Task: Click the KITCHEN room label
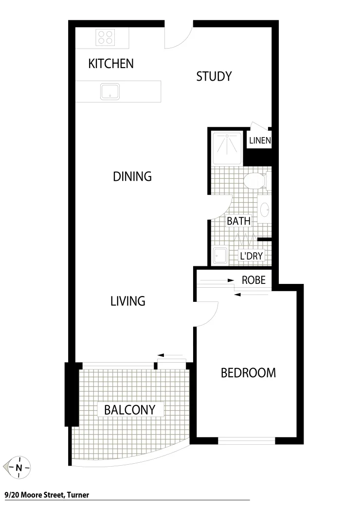click(111, 64)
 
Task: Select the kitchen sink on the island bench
click(110, 91)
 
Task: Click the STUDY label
click(214, 76)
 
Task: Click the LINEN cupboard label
click(260, 141)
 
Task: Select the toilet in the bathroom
click(254, 181)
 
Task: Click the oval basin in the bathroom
click(265, 210)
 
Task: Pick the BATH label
click(238, 221)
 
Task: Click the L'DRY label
click(252, 256)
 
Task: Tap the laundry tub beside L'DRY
click(219, 256)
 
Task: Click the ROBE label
click(253, 280)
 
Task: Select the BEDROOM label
click(248, 373)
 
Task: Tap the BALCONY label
click(129, 410)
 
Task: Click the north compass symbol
click(18, 468)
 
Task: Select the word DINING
click(132, 176)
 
